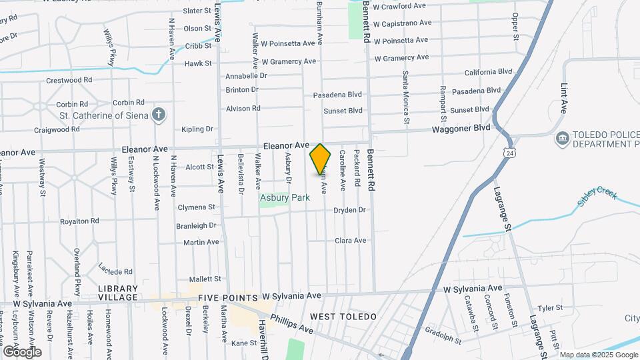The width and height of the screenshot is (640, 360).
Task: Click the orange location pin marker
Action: tap(320, 159)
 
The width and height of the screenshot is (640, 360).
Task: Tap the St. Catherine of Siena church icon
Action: tap(158, 115)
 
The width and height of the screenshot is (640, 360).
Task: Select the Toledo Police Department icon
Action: tap(561, 139)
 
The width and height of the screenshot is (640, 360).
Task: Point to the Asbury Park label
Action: tap(285, 198)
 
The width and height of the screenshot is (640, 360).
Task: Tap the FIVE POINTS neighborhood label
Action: tap(227, 297)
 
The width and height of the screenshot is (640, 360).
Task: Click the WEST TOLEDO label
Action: tap(343, 316)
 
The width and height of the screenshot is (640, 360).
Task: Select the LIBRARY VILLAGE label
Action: tap(117, 293)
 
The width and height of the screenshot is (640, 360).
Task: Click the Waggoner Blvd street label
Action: tap(461, 129)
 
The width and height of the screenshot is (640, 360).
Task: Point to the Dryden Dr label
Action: tap(350, 210)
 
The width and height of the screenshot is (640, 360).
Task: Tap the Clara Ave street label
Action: tap(351, 240)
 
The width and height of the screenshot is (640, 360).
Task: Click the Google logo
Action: tap(22, 351)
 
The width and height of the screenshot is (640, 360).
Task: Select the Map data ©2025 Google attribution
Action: tap(598, 355)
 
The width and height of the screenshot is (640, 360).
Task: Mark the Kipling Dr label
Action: tap(197, 129)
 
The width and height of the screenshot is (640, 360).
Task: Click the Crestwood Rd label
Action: tap(69, 80)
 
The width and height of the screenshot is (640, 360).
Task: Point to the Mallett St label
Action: tap(205, 279)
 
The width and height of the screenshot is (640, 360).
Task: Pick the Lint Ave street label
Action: tap(564, 97)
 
